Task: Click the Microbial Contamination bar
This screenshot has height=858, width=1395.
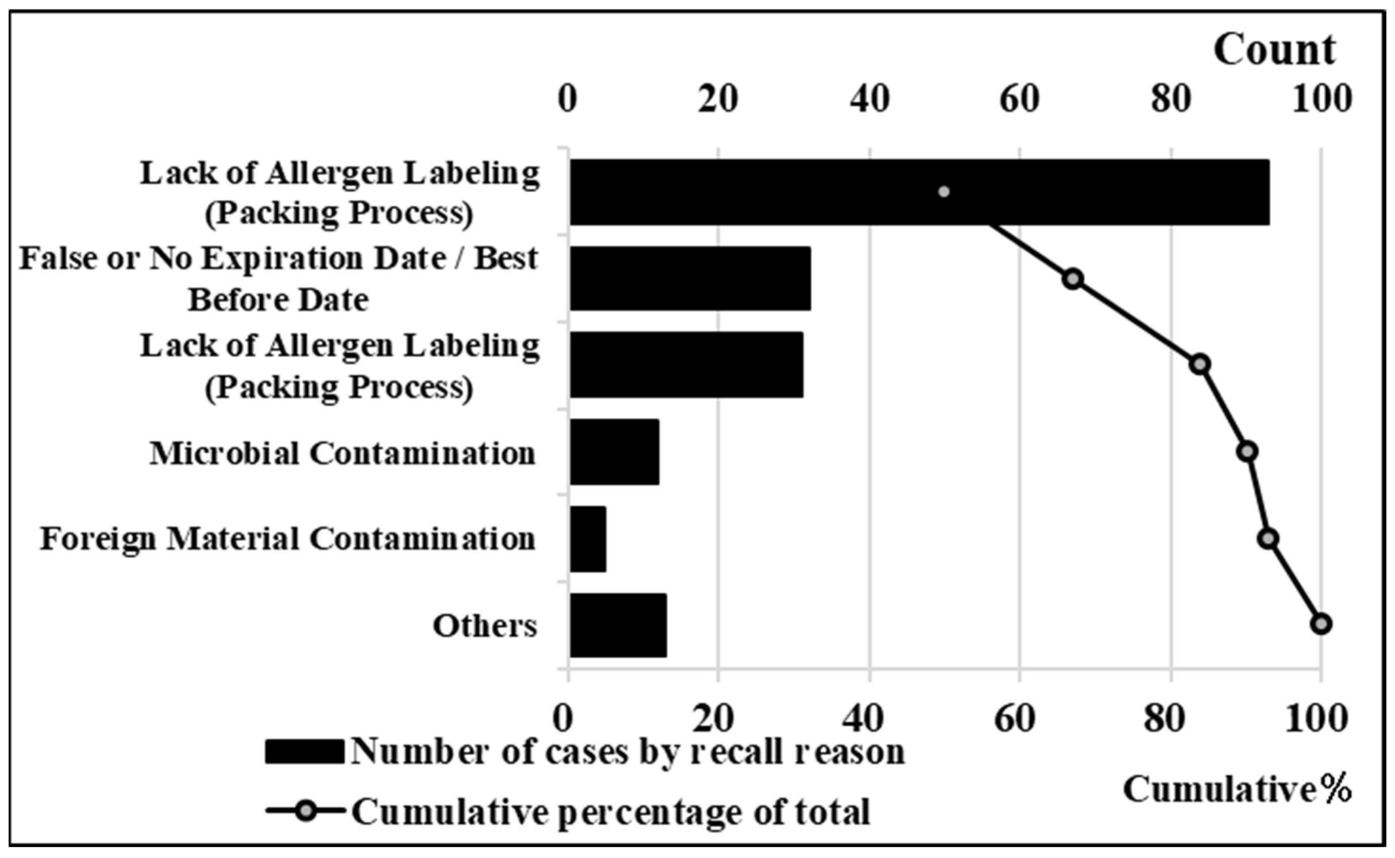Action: tap(614, 452)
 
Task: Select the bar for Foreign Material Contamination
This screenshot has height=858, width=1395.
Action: tap(588, 539)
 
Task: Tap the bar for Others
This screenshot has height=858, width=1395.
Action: tap(618, 626)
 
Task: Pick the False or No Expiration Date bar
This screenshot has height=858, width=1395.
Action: tap(690, 279)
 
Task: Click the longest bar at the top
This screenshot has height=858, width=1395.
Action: tap(919, 192)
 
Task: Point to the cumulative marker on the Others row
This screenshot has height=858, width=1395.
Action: tap(1321, 624)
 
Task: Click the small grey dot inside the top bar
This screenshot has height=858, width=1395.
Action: tap(943, 192)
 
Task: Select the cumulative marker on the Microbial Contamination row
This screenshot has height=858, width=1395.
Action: tap(1247, 452)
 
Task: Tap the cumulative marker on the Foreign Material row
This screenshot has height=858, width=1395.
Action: tap(1269, 539)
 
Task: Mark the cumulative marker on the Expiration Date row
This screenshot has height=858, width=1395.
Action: tap(1072, 279)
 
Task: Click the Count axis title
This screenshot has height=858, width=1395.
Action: tap(1274, 50)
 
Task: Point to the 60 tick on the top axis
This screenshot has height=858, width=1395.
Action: tap(1020, 99)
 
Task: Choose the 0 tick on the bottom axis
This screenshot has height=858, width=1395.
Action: tap(563, 719)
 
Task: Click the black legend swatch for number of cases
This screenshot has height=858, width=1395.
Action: tap(304, 752)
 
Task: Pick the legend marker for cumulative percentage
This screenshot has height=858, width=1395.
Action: tap(307, 811)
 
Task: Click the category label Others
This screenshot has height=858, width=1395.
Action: tap(484, 626)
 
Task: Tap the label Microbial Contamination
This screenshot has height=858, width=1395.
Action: tap(343, 453)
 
